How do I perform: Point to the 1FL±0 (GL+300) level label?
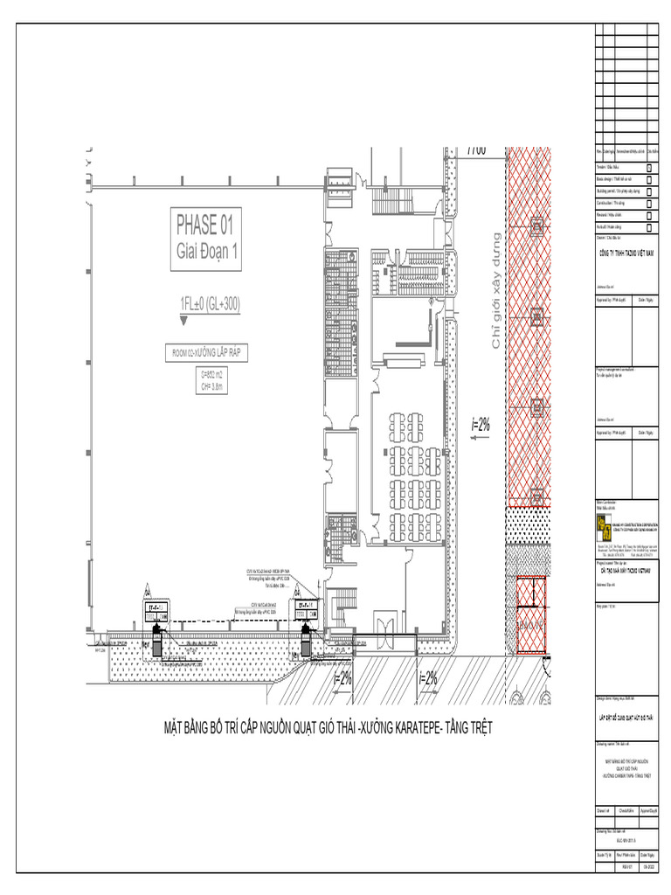click(x=210, y=304)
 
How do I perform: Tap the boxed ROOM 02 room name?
click(x=208, y=353)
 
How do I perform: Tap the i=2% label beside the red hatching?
click(x=481, y=425)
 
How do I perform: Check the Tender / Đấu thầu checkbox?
click(x=649, y=165)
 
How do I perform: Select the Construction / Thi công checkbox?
click(x=649, y=202)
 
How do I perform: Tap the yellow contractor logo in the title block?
click(x=602, y=524)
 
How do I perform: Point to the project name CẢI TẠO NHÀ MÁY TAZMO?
click(x=626, y=569)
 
